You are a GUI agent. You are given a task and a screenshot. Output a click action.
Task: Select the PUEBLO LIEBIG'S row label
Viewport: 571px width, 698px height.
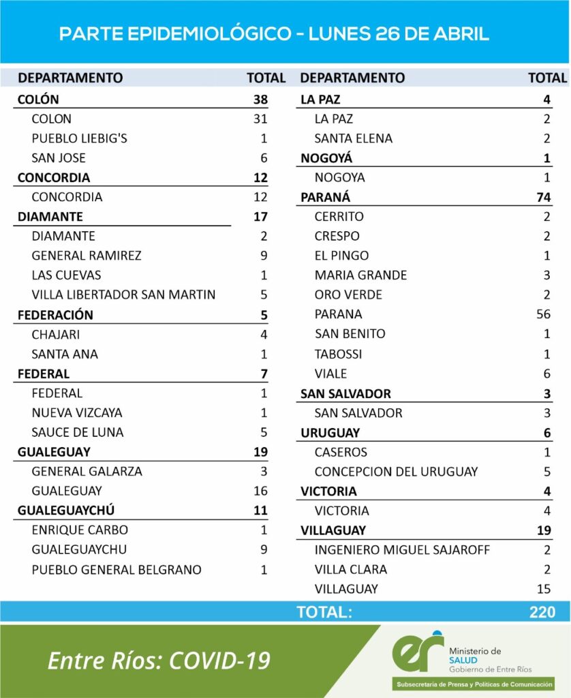80,138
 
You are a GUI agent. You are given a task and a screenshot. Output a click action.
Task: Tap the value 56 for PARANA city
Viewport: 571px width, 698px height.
543,314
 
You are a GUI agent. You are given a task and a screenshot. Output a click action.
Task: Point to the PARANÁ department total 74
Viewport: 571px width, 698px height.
542,198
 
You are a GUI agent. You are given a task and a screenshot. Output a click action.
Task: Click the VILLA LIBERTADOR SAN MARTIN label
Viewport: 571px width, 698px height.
123,295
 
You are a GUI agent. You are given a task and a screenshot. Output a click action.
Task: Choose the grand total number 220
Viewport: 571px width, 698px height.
542,612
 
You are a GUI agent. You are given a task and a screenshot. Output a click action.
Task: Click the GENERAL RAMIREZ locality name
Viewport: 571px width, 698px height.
87,256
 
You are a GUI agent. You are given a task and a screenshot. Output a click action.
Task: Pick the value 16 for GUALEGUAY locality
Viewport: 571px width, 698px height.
259,491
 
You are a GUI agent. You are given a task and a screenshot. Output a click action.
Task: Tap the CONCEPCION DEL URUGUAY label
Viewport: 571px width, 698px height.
396,472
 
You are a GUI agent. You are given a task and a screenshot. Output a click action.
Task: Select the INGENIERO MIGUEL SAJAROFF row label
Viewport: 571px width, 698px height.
403,550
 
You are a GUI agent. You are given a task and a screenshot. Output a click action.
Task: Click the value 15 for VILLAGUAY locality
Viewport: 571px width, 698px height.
543,589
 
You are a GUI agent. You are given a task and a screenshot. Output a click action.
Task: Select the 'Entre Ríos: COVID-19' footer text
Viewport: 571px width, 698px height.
159,660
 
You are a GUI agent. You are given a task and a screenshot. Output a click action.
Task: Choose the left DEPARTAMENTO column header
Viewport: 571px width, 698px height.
70,78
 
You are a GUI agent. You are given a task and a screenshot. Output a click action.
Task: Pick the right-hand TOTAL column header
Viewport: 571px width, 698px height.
547,78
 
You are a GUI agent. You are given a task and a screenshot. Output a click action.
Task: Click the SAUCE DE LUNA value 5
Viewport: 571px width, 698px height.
263,432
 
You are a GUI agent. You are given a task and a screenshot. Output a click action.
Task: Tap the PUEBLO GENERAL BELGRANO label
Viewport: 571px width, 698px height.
117,570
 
